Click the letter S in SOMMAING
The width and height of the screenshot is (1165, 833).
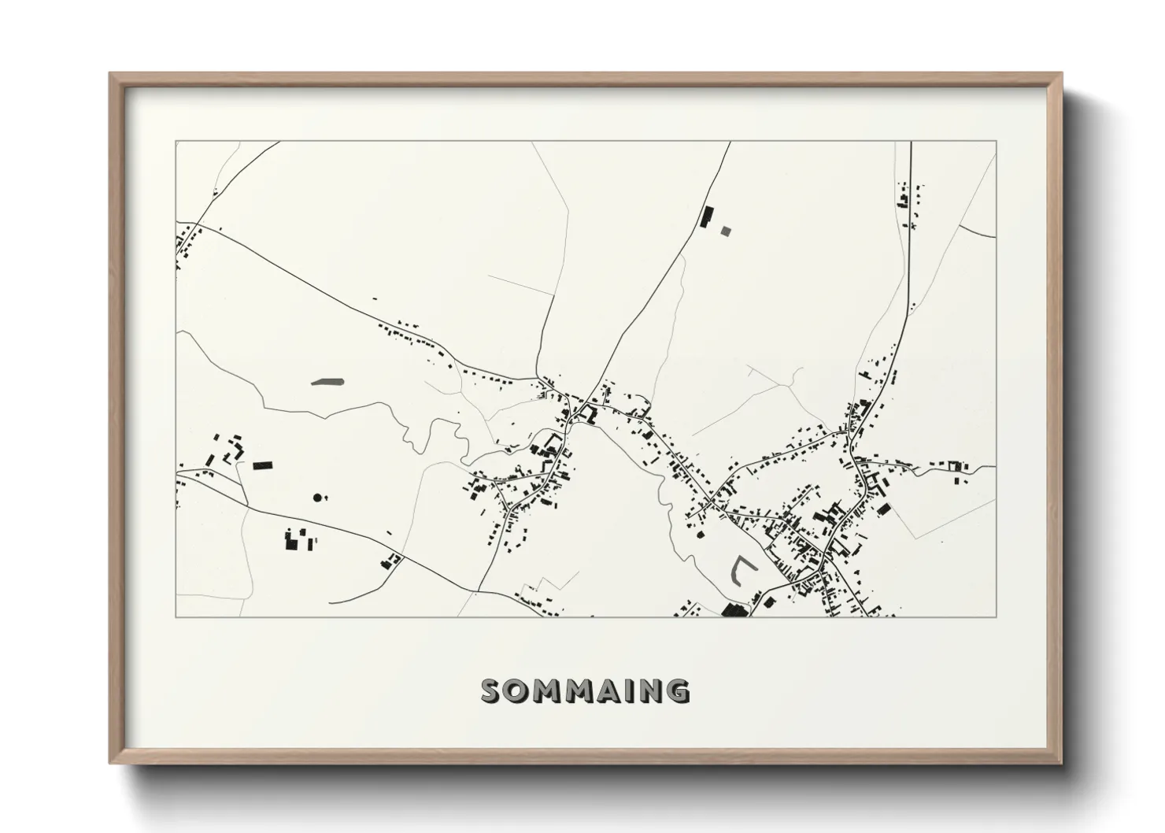coord(492,690)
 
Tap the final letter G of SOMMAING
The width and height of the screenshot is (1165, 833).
coord(679,690)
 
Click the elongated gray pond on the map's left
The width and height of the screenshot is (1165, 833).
coord(328,383)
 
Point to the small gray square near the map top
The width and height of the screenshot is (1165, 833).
coord(726,231)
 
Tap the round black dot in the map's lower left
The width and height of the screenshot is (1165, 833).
coord(317,497)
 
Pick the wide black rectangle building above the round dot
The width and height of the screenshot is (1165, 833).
coord(262,465)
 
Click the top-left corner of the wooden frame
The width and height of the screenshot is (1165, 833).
coord(111,74)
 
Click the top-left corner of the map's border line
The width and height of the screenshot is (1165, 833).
coord(176,142)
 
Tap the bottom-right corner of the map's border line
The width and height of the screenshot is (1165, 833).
coord(996,616)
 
